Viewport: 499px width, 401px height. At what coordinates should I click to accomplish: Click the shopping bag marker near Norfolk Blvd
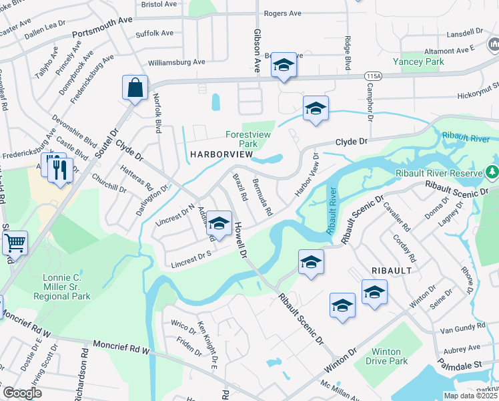(135, 88)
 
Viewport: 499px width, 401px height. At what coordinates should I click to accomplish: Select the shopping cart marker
(15, 242)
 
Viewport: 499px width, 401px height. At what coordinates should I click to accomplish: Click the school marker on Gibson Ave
(284, 65)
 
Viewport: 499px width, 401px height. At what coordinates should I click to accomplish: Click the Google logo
(22, 393)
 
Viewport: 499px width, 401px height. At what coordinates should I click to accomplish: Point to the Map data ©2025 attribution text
(470, 396)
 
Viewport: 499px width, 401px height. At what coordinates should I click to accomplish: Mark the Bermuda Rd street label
(262, 197)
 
